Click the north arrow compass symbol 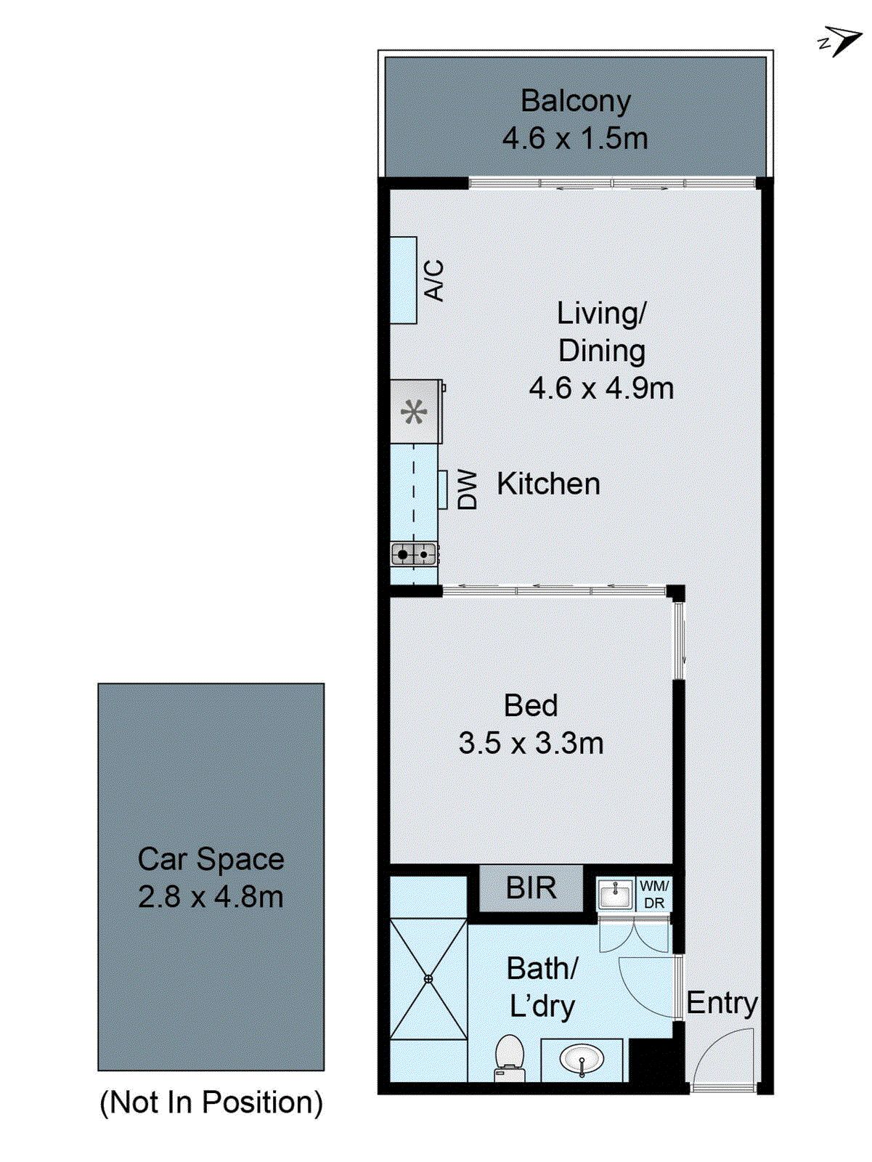[841, 41]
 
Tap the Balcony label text [575, 101]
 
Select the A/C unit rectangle [404, 280]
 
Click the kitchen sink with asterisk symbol [415, 412]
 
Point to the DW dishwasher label [468, 489]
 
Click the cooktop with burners [414, 554]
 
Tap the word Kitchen [548, 484]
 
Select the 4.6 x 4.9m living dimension [601, 389]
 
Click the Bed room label [531, 705]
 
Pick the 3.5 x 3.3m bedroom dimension [531, 743]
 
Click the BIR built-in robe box [531, 887]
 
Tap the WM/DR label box [653, 894]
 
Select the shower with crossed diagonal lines [428, 978]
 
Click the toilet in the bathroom [510, 1057]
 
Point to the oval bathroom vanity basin [582, 1059]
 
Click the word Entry [722, 1003]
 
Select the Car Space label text [211, 859]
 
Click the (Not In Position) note [211, 1102]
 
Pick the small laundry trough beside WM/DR [615, 894]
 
